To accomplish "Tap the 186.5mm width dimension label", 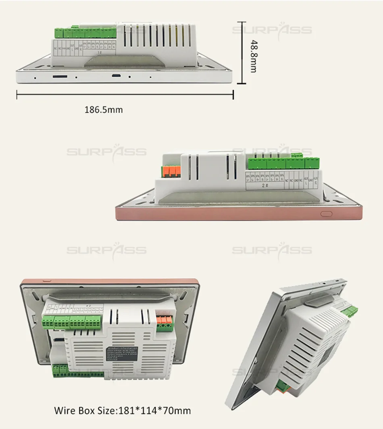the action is click(103, 109).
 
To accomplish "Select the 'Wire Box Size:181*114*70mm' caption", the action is click(123, 411).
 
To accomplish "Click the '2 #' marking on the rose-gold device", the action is click(265, 186).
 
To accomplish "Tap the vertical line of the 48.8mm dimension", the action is click(241, 52).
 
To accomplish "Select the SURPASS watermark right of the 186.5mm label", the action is click(106, 152).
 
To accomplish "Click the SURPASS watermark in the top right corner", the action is click(272, 30).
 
